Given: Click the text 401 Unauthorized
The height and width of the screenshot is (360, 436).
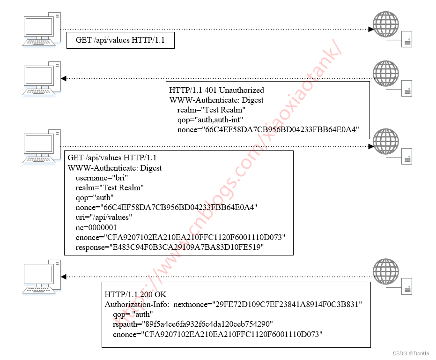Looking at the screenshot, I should [x=235, y=90].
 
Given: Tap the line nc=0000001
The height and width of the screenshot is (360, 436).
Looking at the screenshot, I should [x=96, y=227].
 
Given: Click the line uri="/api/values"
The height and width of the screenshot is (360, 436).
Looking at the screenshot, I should [x=104, y=217].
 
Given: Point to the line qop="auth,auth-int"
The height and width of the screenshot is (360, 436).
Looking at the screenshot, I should [x=211, y=120].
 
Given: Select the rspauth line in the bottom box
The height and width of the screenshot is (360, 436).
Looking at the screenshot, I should [x=193, y=324].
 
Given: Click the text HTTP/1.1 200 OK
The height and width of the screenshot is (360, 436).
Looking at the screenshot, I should [x=135, y=294].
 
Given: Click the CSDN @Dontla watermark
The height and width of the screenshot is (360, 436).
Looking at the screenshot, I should [x=411, y=353].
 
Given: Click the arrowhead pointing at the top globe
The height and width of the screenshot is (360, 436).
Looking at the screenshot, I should [x=371, y=29].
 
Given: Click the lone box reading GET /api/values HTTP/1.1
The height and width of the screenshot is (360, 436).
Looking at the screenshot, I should [x=120, y=41].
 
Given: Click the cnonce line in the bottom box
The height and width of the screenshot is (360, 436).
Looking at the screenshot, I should [x=218, y=334].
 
